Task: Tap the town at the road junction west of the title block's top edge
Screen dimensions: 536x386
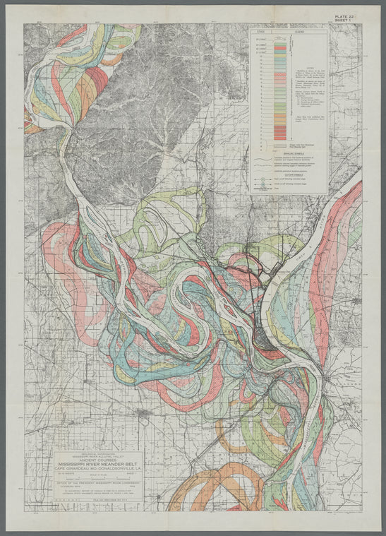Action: click(145, 412)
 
